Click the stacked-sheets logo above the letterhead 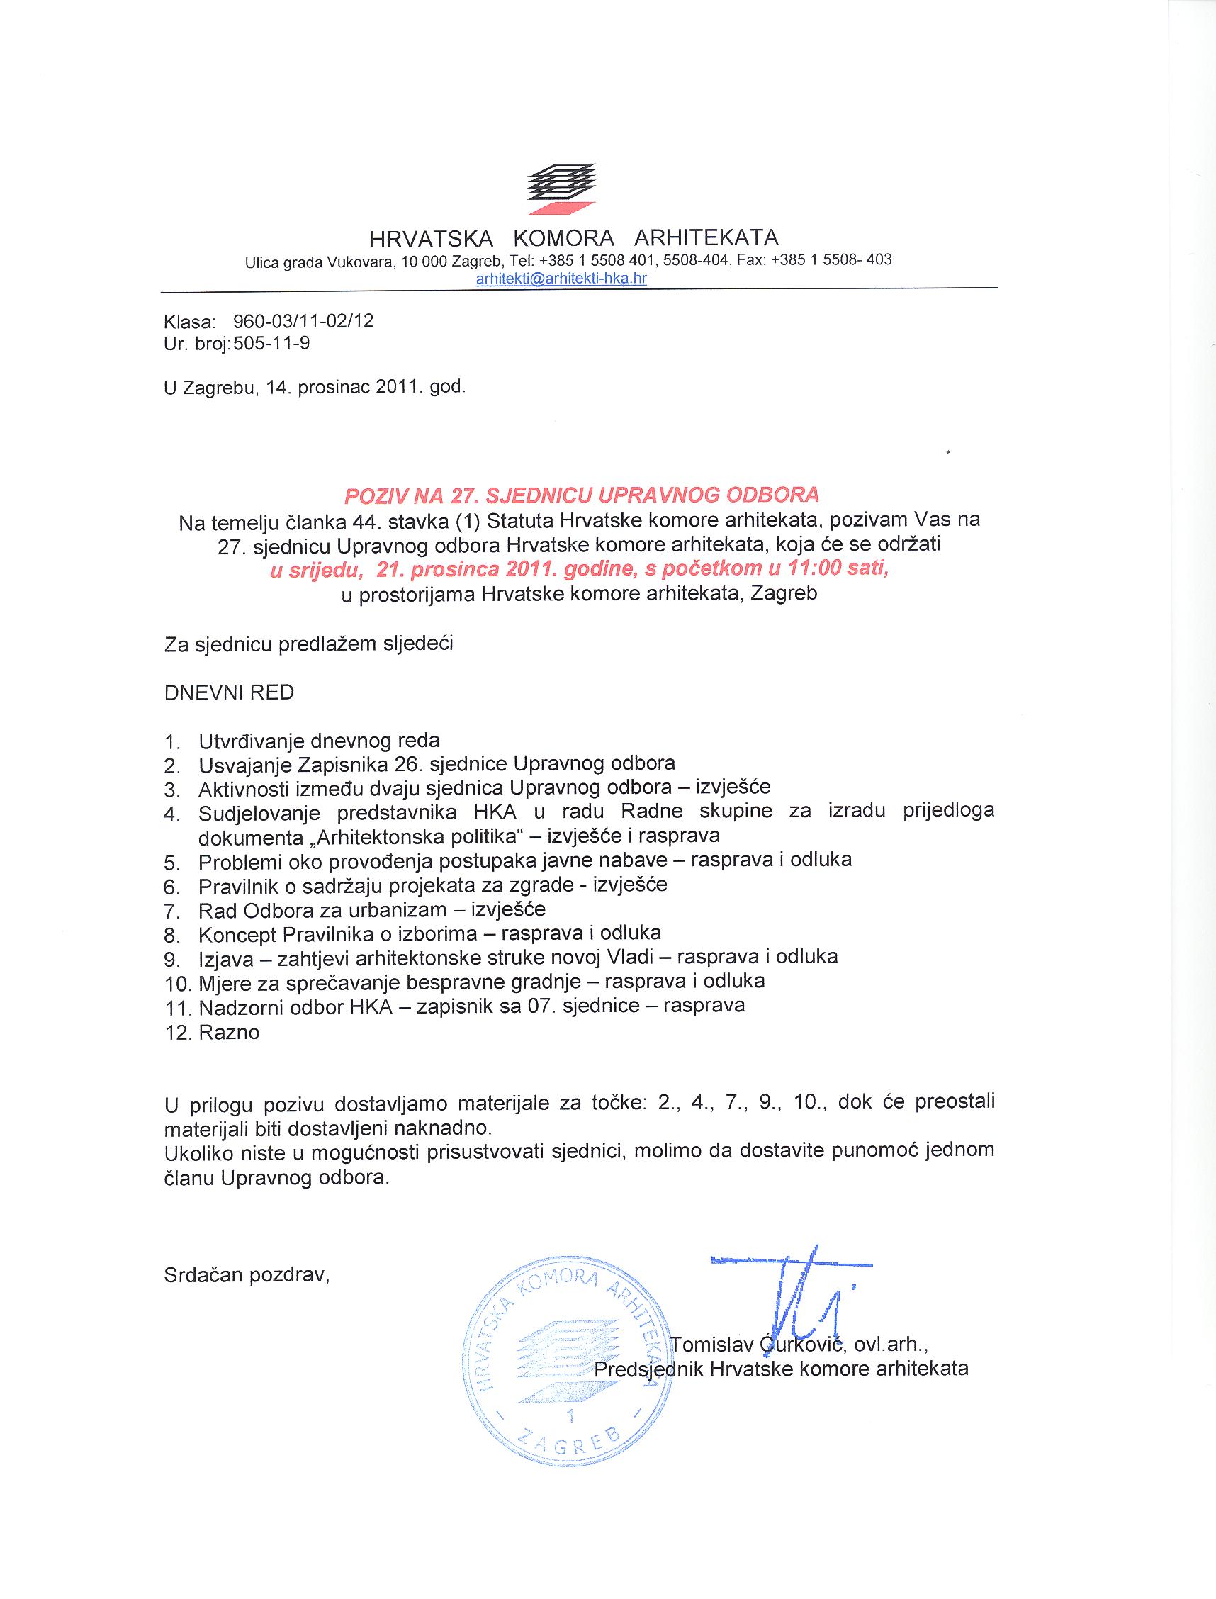click(x=561, y=188)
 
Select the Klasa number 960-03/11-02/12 click(x=303, y=320)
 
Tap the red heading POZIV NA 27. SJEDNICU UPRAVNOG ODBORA click(x=582, y=495)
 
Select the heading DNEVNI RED click(x=229, y=692)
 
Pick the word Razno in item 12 click(x=229, y=1032)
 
